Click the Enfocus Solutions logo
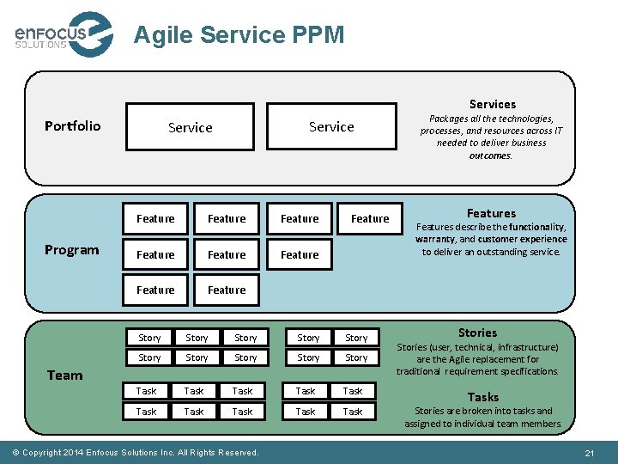pos(63,34)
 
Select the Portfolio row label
pos(72,126)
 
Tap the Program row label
pos(71,250)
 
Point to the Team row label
pos(65,375)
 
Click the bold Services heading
pos(492,104)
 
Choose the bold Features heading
pos(491,213)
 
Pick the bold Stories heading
pos(477,333)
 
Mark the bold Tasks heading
pos(482,397)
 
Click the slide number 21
pos(589,453)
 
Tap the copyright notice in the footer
pos(140,453)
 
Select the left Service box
pos(191,127)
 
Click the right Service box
pos(331,126)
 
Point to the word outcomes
pos(490,156)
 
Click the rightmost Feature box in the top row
pos(370,219)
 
